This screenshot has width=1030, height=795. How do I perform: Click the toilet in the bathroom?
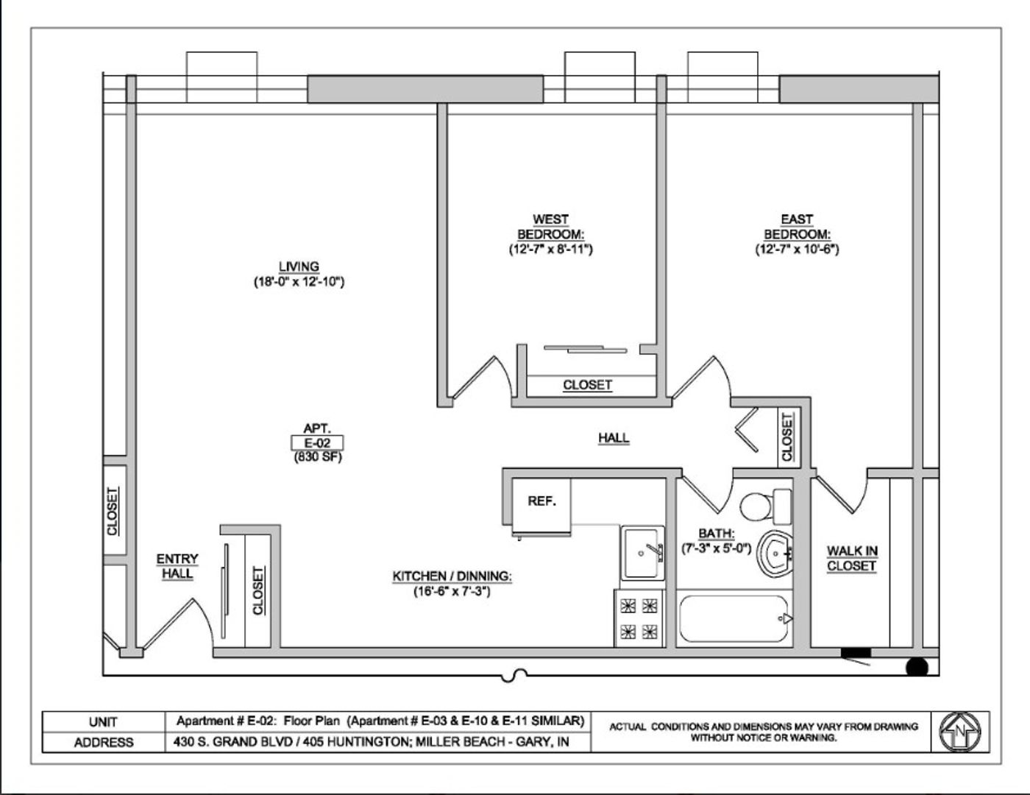point(765,506)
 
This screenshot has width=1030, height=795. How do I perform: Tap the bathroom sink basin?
point(774,554)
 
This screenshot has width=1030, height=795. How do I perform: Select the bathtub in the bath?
point(734,618)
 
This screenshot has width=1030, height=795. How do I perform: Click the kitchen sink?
point(643,554)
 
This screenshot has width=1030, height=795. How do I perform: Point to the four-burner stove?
point(639,618)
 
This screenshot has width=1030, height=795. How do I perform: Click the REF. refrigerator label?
point(541,501)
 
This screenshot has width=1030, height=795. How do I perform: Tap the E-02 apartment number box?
point(317,443)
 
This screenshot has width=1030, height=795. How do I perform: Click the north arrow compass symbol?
point(961,732)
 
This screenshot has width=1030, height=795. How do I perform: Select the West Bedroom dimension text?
point(551,249)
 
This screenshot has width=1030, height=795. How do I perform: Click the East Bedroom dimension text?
point(798,249)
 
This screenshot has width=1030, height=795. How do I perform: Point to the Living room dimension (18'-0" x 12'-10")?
point(299,282)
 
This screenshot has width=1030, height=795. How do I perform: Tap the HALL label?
point(614,437)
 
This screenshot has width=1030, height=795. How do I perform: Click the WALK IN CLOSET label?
point(852,559)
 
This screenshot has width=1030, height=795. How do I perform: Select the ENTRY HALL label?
point(177,566)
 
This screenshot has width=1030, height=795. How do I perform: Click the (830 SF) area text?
point(318,457)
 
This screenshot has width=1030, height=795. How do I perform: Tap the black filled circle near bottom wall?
point(917,668)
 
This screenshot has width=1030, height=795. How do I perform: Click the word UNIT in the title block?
point(103,722)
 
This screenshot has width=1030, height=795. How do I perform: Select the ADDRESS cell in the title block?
point(104,743)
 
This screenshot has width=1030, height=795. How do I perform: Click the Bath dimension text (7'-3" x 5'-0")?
point(717,548)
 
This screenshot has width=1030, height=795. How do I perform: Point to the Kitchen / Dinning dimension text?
point(452,591)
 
